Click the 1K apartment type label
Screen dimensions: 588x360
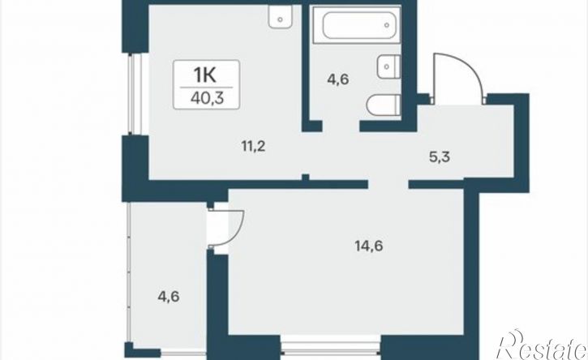[x=206, y=75]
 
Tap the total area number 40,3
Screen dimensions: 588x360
[x=207, y=99]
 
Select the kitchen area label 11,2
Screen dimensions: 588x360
[x=254, y=145]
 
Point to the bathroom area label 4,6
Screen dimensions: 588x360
[x=338, y=79]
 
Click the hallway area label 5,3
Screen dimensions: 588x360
[x=439, y=156]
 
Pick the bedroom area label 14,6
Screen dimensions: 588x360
[x=368, y=246]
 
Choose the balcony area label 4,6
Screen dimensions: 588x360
[x=169, y=297]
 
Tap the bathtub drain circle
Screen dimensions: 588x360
[x=387, y=25]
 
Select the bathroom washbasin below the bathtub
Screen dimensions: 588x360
[x=388, y=66]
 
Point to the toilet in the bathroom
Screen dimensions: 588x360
[x=384, y=105]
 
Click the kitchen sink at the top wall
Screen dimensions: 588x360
[x=280, y=15]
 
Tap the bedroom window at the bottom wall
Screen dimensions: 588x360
[x=331, y=348]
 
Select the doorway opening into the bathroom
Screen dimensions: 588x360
[x=341, y=126]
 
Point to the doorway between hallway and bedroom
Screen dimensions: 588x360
[x=388, y=184]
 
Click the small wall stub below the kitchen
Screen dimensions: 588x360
[x=306, y=178]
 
